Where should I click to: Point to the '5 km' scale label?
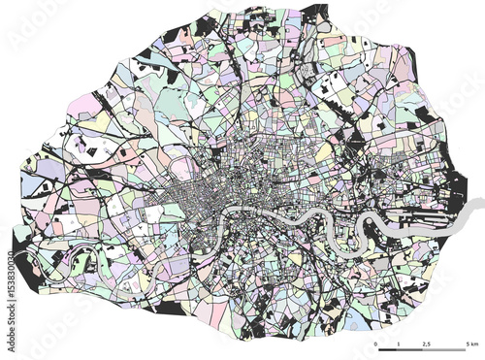(x=472, y=343)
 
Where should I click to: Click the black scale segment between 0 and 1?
(x=386, y=348)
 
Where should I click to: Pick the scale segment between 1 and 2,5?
(x=412, y=348)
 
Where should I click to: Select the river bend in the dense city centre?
(x=233, y=212)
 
